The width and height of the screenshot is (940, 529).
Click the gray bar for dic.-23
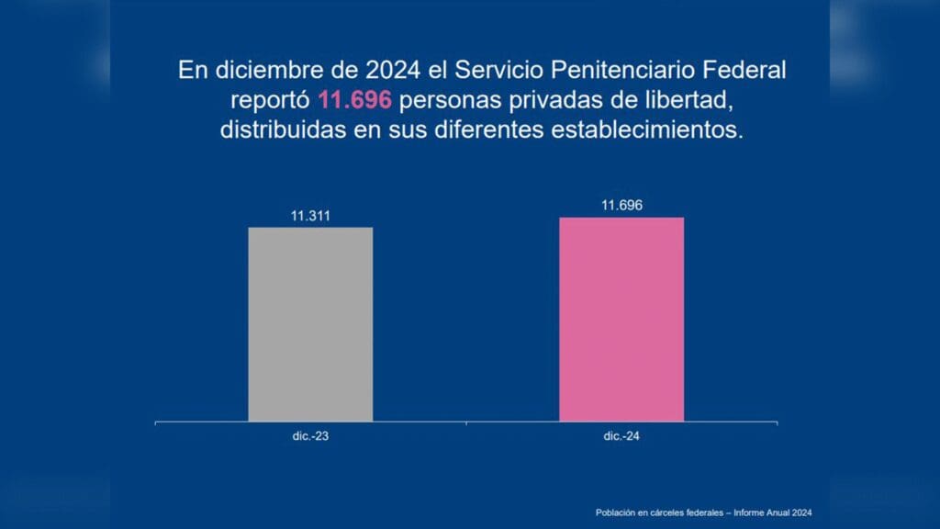tap(310, 323)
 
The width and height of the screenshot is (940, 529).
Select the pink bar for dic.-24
tap(621, 319)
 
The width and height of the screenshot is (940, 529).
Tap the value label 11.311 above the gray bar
tap(310, 217)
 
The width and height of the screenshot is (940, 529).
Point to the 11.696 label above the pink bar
tap(621, 206)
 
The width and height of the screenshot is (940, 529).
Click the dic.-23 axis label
tap(310, 436)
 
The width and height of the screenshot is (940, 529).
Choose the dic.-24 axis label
tap(621, 436)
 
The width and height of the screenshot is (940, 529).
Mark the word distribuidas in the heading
tap(273, 129)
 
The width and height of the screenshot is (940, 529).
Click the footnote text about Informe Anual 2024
tap(703, 512)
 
